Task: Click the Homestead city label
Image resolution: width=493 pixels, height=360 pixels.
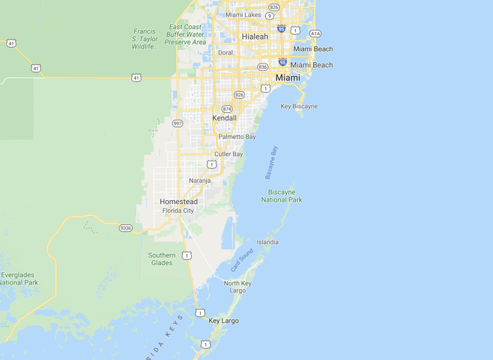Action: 179,202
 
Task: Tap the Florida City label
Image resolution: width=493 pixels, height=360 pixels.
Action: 178,211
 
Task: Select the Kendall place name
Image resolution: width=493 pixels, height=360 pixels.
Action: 224,118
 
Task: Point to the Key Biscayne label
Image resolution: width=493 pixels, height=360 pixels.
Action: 299,106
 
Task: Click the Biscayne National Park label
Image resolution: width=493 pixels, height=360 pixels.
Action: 282,196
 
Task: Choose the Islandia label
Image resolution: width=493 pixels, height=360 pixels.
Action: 267,242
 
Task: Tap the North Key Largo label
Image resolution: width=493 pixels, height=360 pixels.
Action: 238,287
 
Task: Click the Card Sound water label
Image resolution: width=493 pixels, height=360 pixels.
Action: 241,258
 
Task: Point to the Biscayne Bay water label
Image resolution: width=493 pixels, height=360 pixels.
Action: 271,162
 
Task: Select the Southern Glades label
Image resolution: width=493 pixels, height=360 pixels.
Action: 161,259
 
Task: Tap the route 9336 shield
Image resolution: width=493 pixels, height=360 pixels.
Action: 125,228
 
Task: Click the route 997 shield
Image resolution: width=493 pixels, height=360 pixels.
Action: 178,122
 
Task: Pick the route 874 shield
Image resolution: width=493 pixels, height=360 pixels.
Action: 226,108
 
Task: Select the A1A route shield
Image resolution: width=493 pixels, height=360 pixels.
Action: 315,34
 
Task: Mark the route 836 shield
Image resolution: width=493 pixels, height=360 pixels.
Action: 262,66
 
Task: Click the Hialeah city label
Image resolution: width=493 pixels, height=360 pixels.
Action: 255,36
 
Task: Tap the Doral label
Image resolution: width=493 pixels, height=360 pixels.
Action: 225,52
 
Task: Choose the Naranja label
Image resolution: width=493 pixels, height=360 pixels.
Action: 199,181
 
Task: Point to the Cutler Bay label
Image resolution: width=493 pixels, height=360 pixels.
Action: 229,154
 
